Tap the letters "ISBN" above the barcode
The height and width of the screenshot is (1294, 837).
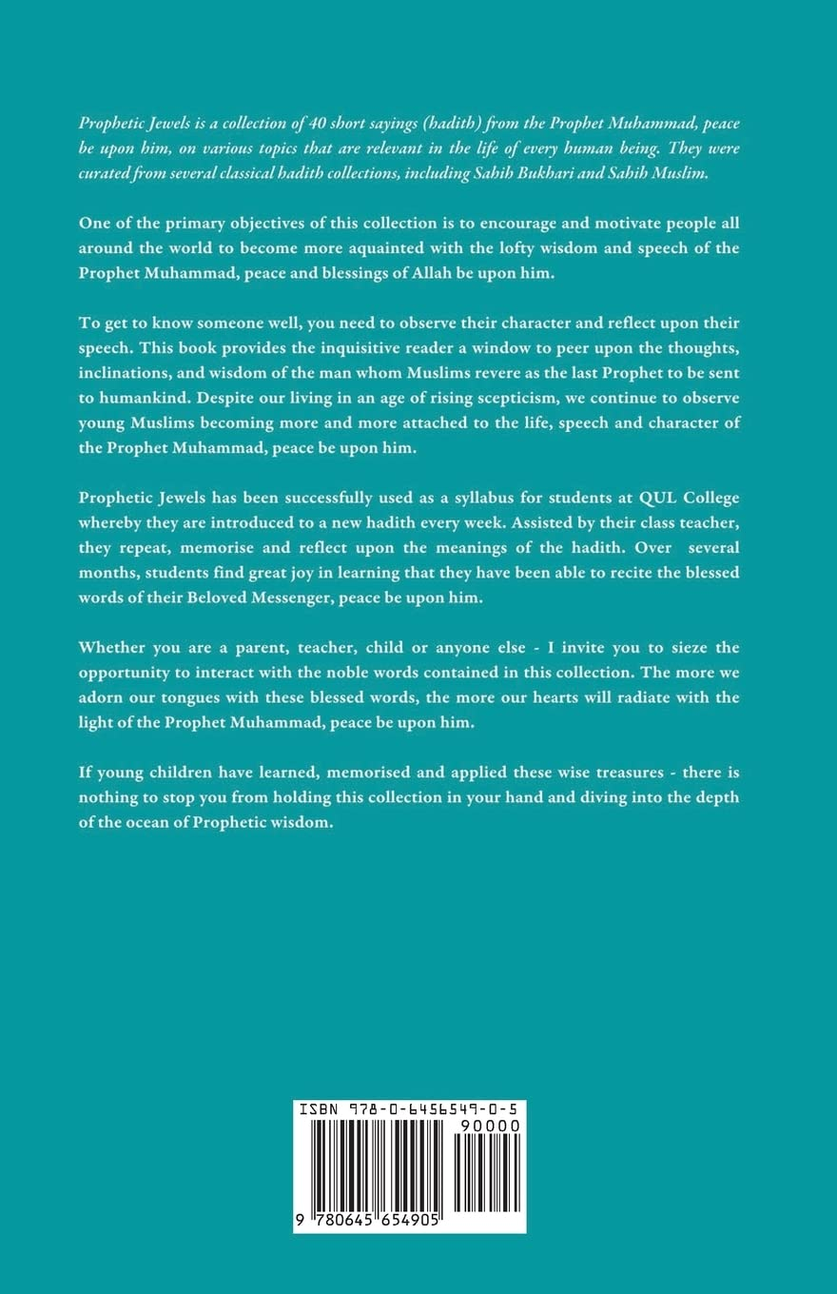click(318, 1109)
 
